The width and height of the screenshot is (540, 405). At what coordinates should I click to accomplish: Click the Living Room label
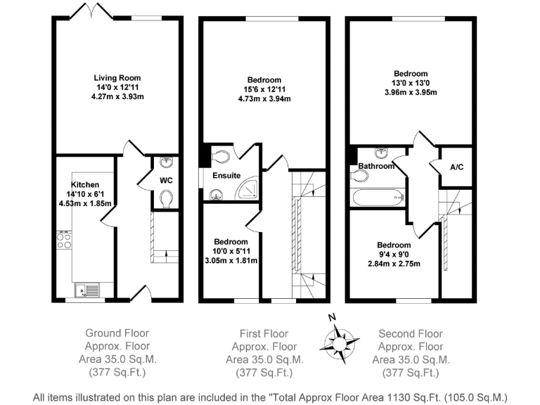click(x=117, y=78)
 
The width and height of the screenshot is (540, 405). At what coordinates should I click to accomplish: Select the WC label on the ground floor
click(x=165, y=181)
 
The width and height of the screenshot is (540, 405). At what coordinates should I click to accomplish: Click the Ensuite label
click(x=226, y=175)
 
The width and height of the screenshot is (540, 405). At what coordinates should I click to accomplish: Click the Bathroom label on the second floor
click(x=375, y=167)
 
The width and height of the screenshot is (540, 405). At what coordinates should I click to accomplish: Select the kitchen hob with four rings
click(x=64, y=240)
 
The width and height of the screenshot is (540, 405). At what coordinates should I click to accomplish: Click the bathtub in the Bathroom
click(x=378, y=196)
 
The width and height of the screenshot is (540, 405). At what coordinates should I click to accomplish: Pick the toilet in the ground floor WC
click(x=165, y=201)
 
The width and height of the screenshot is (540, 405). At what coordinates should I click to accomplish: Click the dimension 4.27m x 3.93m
click(x=117, y=98)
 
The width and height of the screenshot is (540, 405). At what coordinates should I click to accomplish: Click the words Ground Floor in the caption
click(x=117, y=333)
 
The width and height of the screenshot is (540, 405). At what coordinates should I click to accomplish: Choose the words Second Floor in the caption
click(x=411, y=333)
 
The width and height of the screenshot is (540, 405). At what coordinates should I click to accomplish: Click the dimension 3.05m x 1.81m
click(x=230, y=260)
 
